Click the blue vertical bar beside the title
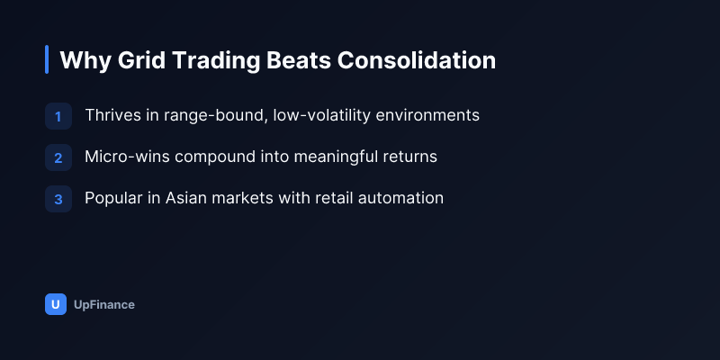tap(47, 59)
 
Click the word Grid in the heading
tap(141, 60)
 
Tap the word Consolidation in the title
tap(417, 60)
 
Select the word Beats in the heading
tap(299, 60)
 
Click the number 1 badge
tap(58, 116)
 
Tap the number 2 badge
tap(58, 157)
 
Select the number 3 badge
tap(58, 199)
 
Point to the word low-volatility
tap(321, 115)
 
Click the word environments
tap(427, 115)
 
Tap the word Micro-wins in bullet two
tap(127, 157)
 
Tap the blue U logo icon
tap(56, 304)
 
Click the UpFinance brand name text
tap(104, 305)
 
